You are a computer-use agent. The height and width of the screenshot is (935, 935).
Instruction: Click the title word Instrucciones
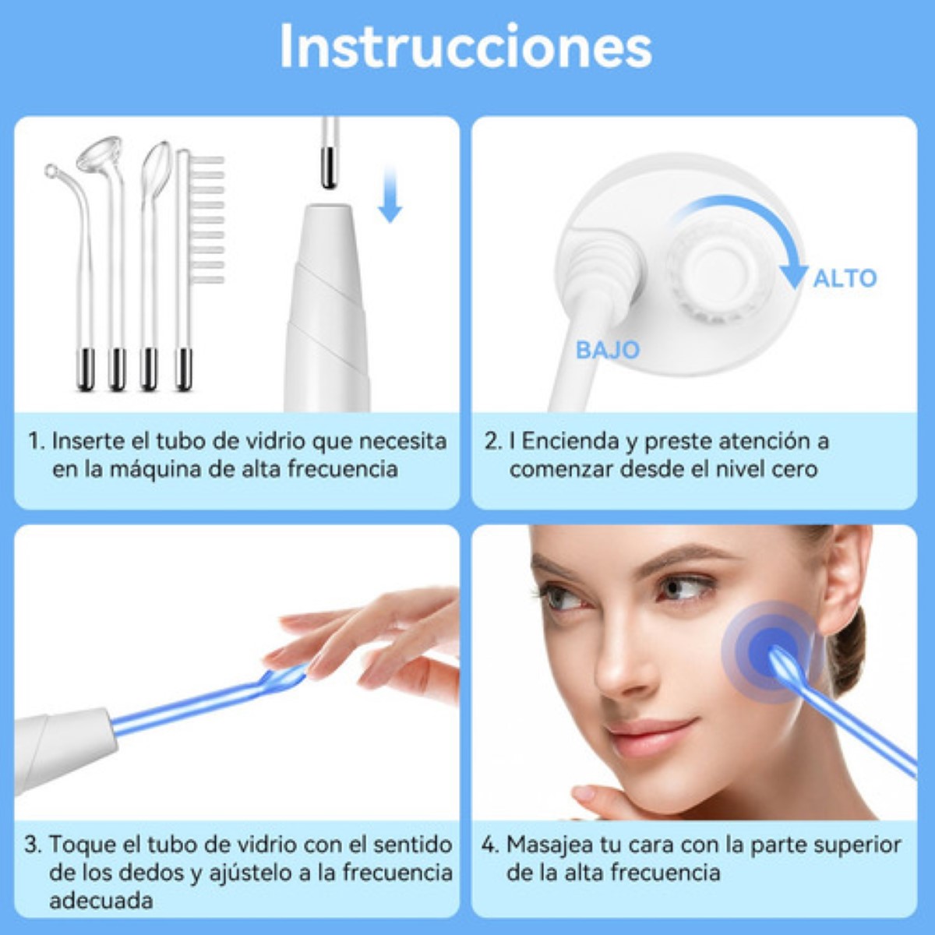coord(465,47)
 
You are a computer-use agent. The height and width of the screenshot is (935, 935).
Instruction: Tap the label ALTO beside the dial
coord(845,278)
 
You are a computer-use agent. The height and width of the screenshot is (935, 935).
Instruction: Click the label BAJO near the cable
coord(607,350)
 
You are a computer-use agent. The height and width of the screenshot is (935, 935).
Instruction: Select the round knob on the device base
coord(717,269)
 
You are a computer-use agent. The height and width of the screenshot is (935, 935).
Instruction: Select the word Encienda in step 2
coord(570,442)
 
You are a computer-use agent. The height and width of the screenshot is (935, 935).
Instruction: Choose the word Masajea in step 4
coord(549,845)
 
